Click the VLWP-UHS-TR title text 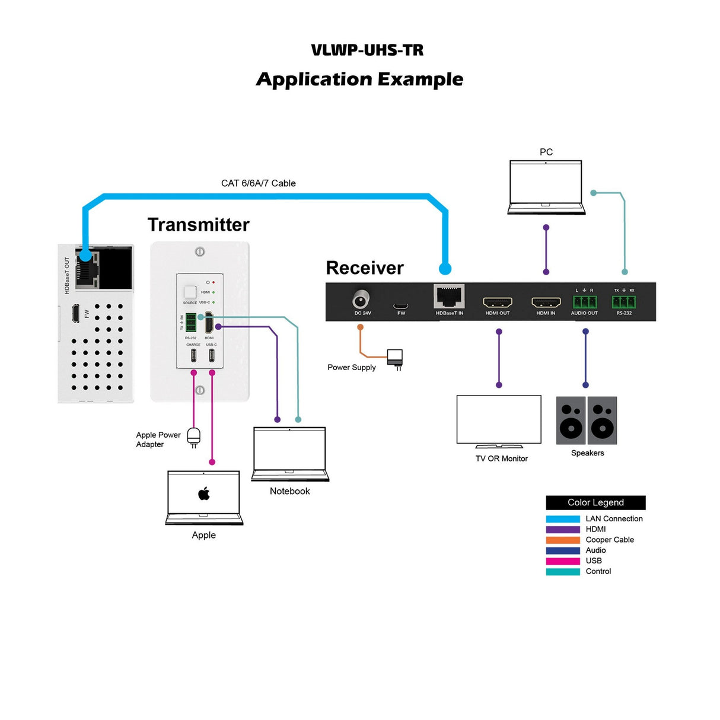click(367, 50)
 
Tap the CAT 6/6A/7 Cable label click(258, 183)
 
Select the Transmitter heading click(198, 225)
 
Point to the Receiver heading click(364, 268)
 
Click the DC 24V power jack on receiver click(361, 298)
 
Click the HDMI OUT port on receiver click(497, 302)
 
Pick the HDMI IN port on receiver click(546, 302)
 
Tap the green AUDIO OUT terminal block click(584, 301)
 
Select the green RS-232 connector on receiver click(623, 302)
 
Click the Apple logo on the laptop click(204, 493)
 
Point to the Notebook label click(289, 491)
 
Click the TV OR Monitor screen click(499, 419)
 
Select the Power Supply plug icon click(395, 359)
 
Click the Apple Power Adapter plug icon click(194, 437)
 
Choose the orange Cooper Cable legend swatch click(563, 540)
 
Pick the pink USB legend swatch click(563, 561)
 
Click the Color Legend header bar click(595, 502)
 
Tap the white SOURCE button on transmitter click(190, 292)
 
